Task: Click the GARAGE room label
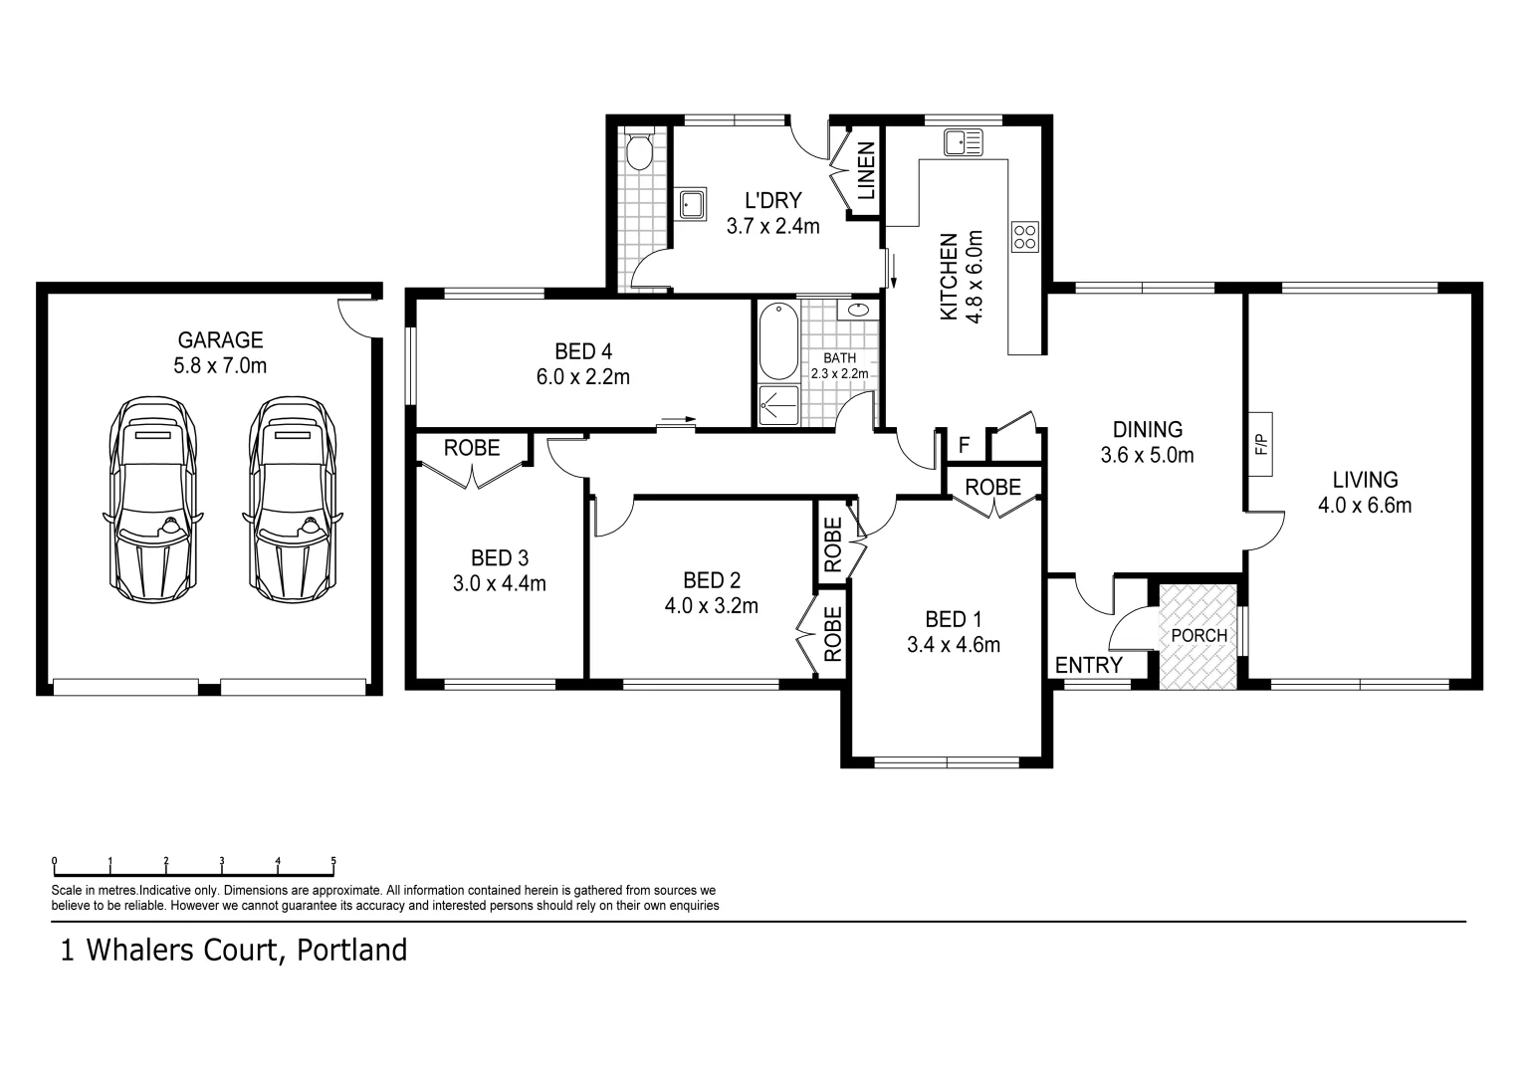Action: click(x=220, y=340)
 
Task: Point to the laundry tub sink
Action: click(x=692, y=204)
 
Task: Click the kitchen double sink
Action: click(x=963, y=142)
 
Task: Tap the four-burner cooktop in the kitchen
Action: click(x=1024, y=236)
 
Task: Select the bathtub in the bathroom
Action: click(x=775, y=340)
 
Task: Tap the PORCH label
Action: click(x=1198, y=635)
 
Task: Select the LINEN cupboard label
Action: click(x=866, y=170)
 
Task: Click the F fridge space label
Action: click(x=964, y=445)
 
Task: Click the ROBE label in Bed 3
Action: click(x=472, y=448)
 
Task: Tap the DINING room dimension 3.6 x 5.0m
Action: click(x=1147, y=456)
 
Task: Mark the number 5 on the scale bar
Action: click(x=333, y=861)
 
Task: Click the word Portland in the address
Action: click(x=354, y=951)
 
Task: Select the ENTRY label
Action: click(x=1088, y=665)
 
